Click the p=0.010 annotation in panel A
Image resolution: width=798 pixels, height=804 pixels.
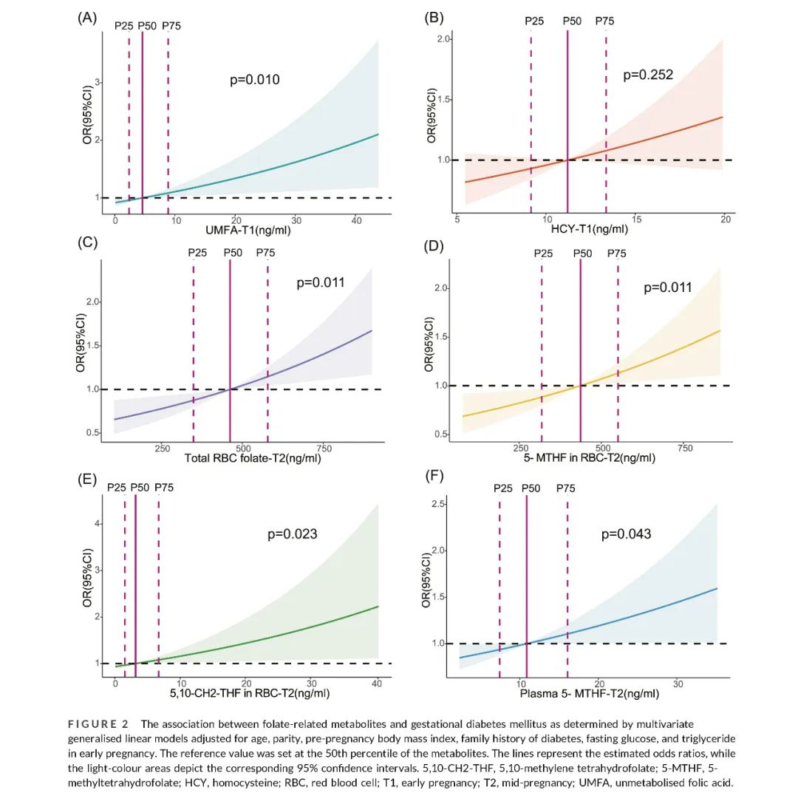point(256,80)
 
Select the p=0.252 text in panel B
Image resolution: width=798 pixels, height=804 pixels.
point(648,74)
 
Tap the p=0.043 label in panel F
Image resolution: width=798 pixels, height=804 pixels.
point(626,534)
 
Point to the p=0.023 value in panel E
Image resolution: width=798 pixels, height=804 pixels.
point(292,534)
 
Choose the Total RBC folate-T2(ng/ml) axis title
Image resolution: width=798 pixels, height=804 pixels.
point(248,458)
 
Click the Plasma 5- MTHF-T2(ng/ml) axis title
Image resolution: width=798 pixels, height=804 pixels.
point(590,694)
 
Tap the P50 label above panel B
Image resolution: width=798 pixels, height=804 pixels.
point(572,21)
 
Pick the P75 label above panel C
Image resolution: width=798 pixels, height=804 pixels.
point(265,253)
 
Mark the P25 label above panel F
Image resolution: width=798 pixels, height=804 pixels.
point(503,488)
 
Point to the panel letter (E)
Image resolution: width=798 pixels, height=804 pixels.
point(88,480)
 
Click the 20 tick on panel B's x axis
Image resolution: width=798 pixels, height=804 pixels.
point(725,219)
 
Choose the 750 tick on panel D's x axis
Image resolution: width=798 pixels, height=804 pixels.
point(684,449)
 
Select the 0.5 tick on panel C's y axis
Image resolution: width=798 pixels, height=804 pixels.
point(92,432)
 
